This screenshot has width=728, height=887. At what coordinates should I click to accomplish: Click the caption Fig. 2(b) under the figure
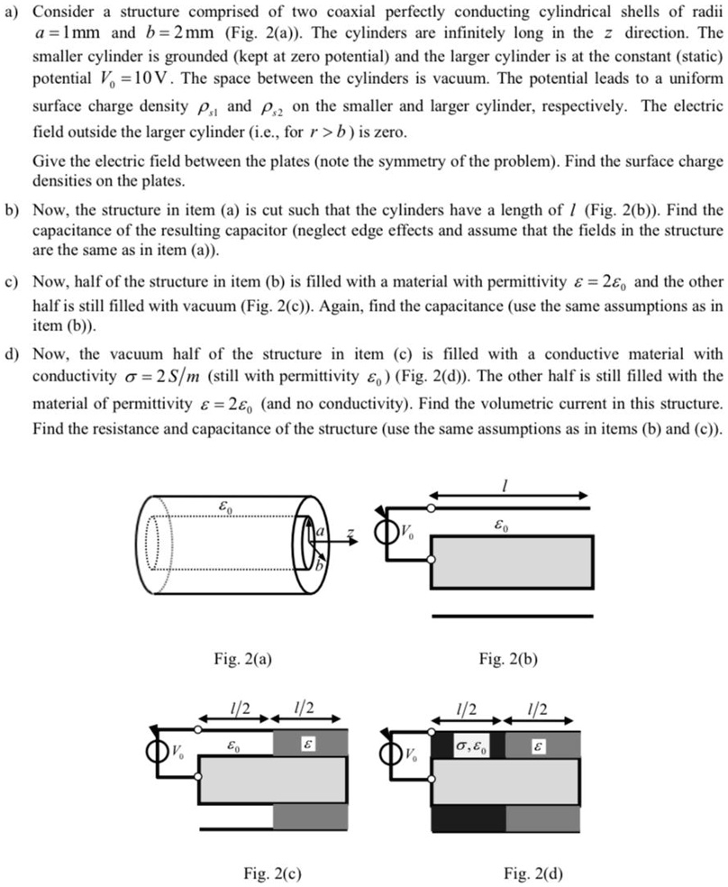[x=510, y=658]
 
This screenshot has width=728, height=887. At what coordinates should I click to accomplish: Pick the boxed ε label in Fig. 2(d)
[x=539, y=745]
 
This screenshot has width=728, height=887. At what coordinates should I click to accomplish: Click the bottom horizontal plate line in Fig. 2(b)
[x=512, y=617]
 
